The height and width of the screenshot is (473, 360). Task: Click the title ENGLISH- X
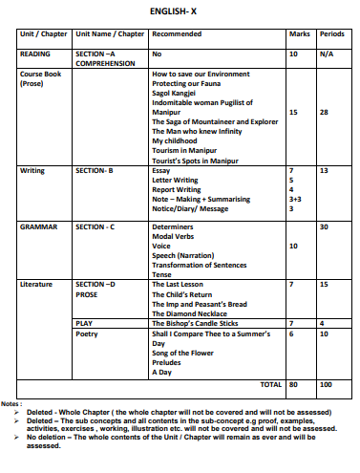(180, 11)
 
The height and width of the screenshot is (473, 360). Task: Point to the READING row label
(35, 54)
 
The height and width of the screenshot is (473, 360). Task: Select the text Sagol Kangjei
(178, 93)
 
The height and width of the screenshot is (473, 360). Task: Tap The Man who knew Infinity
(197, 132)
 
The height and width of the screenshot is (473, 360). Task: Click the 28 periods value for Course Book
(325, 112)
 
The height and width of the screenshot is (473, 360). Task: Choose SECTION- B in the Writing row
(95, 170)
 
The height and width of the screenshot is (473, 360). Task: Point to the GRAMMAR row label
(39, 226)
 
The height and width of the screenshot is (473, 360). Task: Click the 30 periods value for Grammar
(325, 226)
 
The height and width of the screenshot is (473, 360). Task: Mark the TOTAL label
(271, 383)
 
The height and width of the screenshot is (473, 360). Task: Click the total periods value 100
(327, 383)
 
